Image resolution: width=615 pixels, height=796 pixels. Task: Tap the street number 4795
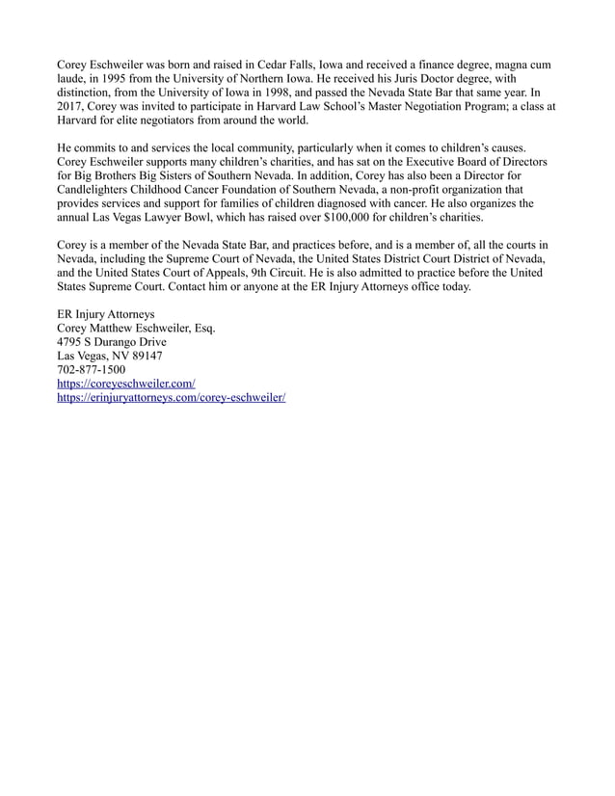pyautogui.click(x=74, y=343)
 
